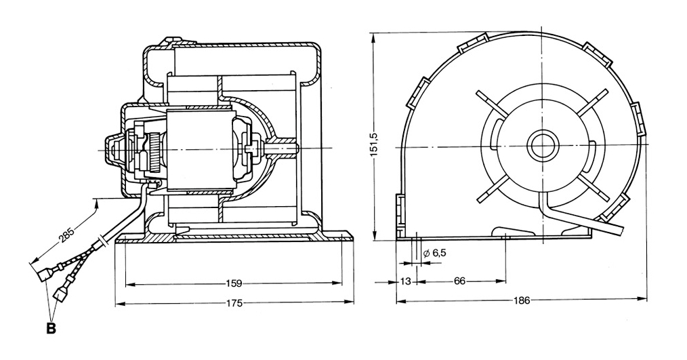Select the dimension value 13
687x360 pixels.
(406, 281)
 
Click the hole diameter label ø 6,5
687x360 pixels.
(434, 253)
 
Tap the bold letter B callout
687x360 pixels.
(50, 328)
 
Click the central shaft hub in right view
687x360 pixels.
(541, 145)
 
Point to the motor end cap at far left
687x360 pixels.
(112, 149)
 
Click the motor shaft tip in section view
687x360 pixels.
(293, 146)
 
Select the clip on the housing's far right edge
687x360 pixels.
(638, 118)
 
